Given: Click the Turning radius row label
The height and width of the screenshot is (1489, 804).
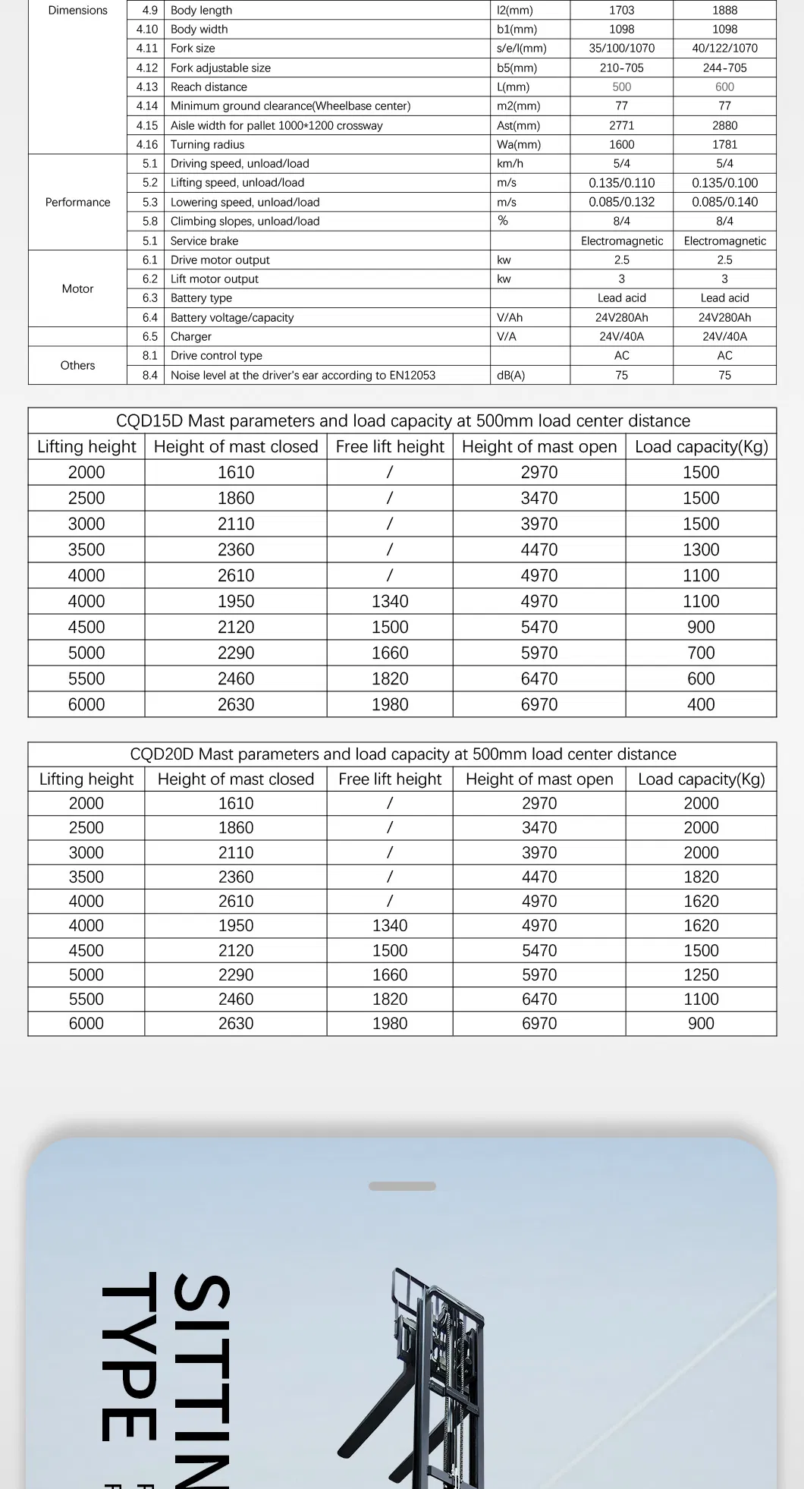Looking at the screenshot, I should click(x=207, y=144).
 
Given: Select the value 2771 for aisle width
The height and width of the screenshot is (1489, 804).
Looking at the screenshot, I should click(x=621, y=125).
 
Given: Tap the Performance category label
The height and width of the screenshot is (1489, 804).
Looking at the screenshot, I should click(x=77, y=202).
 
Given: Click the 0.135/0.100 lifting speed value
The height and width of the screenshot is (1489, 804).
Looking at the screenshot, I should click(x=724, y=183).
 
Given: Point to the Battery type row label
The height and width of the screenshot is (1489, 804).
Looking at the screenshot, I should click(x=201, y=298).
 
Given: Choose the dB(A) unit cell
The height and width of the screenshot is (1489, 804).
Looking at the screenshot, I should click(x=510, y=375).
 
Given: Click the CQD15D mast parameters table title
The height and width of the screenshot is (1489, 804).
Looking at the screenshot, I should click(x=403, y=421).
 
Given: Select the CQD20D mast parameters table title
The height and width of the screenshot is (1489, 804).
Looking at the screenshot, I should click(x=403, y=754).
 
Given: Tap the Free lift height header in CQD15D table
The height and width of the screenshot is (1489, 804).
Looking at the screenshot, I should click(x=390, y=447).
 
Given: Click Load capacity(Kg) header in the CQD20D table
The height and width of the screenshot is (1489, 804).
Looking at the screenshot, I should click(x=701, y=779).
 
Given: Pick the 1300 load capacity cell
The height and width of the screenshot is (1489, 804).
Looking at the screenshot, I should click(x=701, y=549).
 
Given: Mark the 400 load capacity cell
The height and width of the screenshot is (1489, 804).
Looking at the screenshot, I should click(x=701, y=704).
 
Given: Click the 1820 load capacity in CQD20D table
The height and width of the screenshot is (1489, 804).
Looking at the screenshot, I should click(x=701, y=877).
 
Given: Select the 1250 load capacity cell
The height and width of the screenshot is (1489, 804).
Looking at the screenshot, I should click(x=701, y=974).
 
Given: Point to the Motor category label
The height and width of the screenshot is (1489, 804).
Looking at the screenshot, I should click(x=77, y=288).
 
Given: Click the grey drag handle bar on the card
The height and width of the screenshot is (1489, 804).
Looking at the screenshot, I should click(x=402, y=1186).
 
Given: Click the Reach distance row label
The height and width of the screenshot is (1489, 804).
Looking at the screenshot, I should click(x=209, y=87).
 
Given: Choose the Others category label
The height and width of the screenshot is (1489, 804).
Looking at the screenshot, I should click(x=77, y=365).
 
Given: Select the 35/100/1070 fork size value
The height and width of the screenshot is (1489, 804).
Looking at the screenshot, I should click(x=621, y=48).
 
